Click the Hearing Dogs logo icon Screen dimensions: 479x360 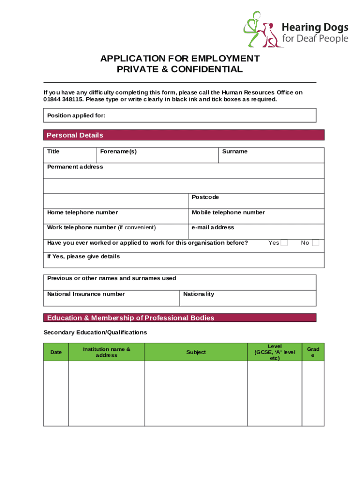[260, 29]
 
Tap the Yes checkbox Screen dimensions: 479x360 [284, 243]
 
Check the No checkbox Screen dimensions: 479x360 [316, 243]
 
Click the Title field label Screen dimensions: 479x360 [53, 152]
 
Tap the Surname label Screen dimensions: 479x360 [235, 152]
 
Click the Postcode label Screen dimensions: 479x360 [205, 197]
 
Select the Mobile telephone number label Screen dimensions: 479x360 [228, 212]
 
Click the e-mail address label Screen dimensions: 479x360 [213, 227]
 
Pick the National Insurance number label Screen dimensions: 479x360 [86, 294]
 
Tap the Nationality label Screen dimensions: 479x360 [199, 294]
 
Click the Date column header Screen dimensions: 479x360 [56, 352]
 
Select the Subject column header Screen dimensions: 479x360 [196, 352]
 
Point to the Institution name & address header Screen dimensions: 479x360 [107, 352]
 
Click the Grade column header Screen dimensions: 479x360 [313, 352]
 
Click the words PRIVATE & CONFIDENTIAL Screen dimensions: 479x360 [180, 70]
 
